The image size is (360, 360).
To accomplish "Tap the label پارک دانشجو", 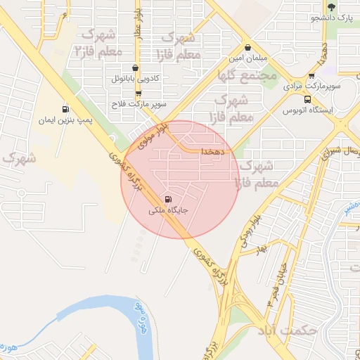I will pos(330,17).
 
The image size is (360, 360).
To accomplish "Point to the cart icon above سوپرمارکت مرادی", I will pos(311,77).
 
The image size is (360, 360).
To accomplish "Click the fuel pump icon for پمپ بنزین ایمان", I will pos(66,109).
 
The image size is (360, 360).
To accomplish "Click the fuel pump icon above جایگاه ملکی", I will pos(168,200).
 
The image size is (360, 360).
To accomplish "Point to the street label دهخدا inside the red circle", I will pos(212,151).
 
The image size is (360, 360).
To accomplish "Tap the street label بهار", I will pos(262,250).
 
